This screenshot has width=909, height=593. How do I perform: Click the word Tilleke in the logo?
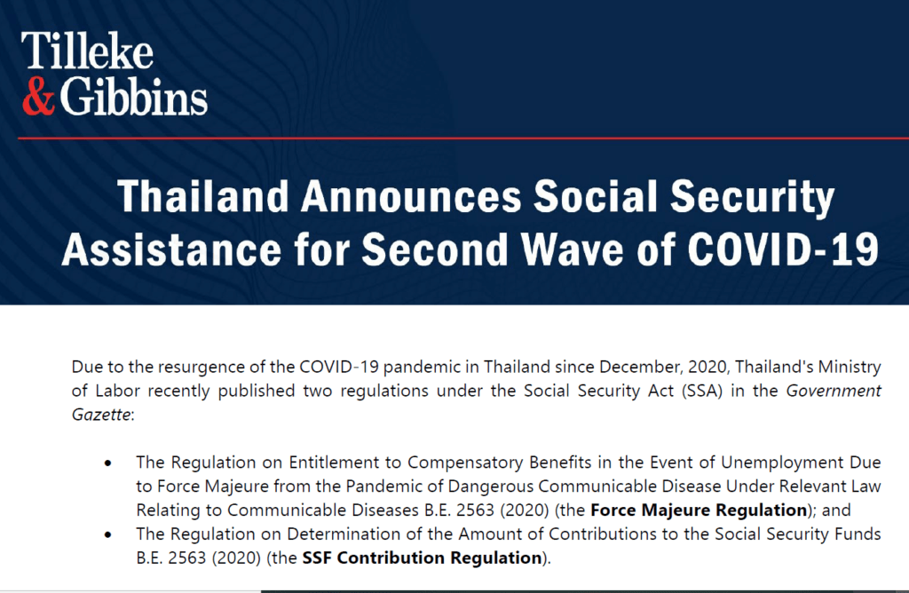point(87,51)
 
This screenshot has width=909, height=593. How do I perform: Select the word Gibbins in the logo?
point(133,97)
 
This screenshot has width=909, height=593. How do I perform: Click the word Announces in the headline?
point(411,196)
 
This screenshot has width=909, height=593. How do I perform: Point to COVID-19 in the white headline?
point(783,249)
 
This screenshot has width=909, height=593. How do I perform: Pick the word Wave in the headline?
point(573,249)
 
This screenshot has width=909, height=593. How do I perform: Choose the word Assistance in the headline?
point(171,249)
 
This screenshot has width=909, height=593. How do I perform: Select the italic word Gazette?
point(101,415)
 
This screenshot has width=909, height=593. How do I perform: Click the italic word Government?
point(834,391)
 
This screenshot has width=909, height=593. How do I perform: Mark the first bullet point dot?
point(107,463)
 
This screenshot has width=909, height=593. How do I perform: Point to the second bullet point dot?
point(107,534)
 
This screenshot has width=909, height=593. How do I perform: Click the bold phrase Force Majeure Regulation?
point(699,510)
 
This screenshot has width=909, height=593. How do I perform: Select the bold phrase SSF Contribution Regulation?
point(422,557)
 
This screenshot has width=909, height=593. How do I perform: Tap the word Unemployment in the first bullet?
point(782,463)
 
